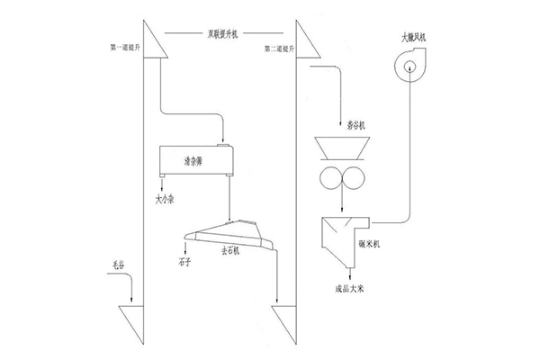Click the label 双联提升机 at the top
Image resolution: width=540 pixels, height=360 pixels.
(224, 34)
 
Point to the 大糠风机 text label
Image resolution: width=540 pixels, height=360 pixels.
(415, 38)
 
